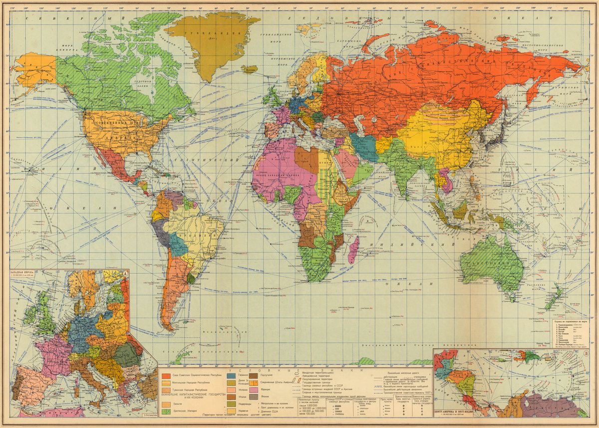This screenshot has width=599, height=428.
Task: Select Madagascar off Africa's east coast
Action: tap(353, 249)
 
